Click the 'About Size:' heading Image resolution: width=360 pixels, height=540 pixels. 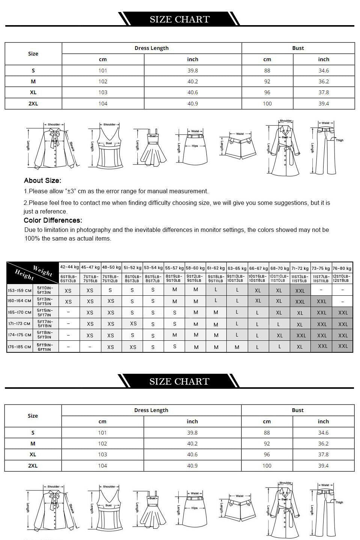42,181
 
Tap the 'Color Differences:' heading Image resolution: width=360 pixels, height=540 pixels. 53,220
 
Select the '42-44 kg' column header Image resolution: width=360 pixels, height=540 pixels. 69,267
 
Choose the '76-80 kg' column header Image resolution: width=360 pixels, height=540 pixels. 342,268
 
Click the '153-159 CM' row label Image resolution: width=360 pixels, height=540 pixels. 20,290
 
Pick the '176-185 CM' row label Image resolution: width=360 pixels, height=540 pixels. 20,347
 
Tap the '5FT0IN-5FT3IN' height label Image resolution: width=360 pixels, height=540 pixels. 45,290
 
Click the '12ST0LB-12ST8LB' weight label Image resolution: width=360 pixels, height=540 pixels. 342,278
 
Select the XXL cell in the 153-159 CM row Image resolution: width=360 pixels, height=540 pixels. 300,290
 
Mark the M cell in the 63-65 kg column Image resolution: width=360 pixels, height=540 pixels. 237,347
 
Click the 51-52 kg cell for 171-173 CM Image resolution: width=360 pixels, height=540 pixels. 133,323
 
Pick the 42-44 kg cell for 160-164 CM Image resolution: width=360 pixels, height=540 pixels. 68,301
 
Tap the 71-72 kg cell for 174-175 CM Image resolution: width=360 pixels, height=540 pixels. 301,335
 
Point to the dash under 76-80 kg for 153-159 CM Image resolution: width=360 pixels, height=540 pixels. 343,290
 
